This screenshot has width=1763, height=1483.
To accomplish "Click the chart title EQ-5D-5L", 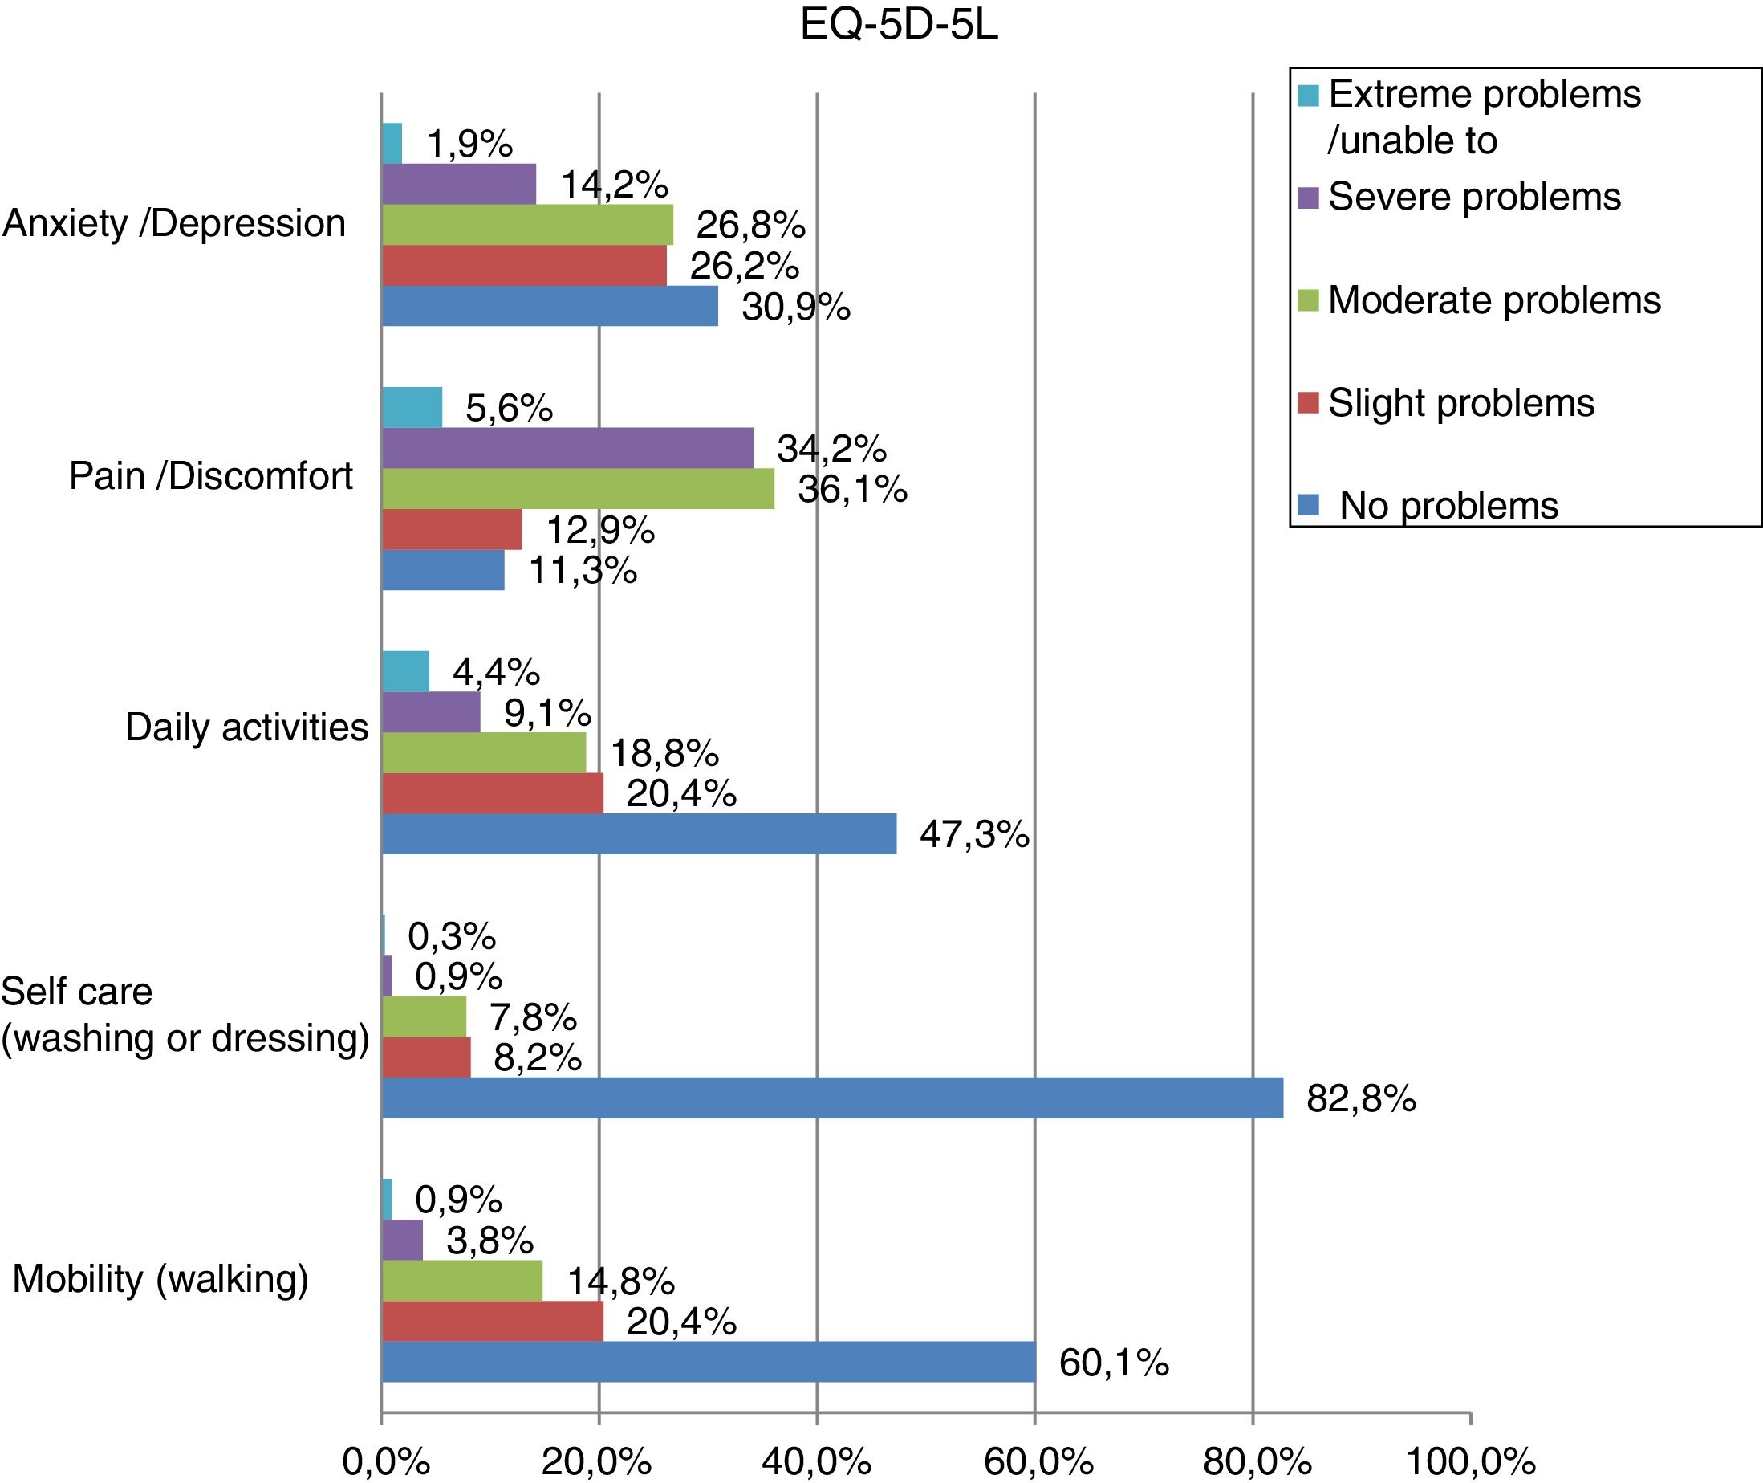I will pyautogui.click(x=898, y=26).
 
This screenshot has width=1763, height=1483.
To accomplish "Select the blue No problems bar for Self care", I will pyautogui.click(x=832, y=1097).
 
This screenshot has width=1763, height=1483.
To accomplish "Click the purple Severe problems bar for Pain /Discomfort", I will pyautogui.click(x=567, y=447).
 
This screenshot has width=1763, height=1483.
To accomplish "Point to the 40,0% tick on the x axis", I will pyautogui.click(x=816, y=1463).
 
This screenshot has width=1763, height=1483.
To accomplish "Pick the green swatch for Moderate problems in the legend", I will pyautogui.click(x=1307, y=300).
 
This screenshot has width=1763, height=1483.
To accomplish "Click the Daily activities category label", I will pyautogui.click(x=246, y=727).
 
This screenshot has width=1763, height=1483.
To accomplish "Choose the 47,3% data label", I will pyautogui.click(x=974, y=834).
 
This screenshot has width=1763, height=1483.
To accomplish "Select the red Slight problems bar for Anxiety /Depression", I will pyautogui.click(x=523, y=266).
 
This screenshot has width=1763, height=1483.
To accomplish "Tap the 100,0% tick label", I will pyautogui.click(x=1470, y=1463).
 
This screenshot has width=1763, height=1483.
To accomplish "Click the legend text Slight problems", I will pyautogui.click(x=1460, y=403).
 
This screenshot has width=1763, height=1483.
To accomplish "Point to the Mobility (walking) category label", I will pyautogui.click(x=160, y=1279).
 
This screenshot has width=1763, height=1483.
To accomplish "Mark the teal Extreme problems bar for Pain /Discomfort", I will pyautogui.click(x=412, y=407).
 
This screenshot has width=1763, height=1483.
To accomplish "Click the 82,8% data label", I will pyautogui.click(x=1360, y=1098).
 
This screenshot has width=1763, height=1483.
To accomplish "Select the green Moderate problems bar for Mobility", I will pyautogui.click(x=462, y=1281).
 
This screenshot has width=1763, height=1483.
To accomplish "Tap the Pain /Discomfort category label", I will pyautogui.click(x=210, y=476).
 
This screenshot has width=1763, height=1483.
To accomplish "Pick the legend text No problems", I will pyautogui.click(x=1448, y=505).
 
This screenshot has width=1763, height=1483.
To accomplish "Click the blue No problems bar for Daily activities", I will pyautogui.click(x=639, y=834).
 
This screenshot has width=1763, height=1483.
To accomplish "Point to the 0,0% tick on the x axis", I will pyautogui.click(x=386, y=1463).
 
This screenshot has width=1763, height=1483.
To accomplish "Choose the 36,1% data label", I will pyautogui.click(x=852, y=488).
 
